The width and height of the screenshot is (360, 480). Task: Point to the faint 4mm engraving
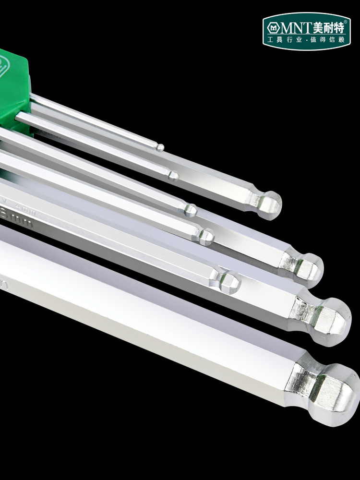pyautogui.click(x=22, y=205)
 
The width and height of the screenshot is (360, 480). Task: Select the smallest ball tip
pyautogui.click(x=161, y=147)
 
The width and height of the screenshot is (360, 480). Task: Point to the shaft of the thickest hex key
pyautogui.click(x=144, y=312)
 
